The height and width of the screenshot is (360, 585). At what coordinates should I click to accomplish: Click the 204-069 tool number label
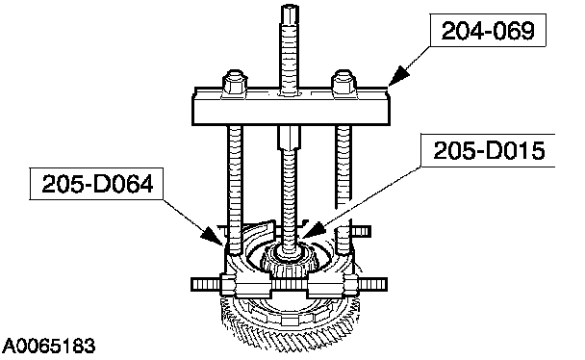click(x=488, y=31)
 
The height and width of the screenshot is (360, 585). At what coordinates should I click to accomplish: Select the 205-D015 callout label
click(x=489, y=151)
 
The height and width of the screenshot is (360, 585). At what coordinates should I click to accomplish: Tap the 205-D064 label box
click(x=96, y=184)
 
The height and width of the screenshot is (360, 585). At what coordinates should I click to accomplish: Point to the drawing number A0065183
click(x=49, y=347)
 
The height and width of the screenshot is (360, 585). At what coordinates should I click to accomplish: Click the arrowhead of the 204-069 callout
click(x=397, y=76)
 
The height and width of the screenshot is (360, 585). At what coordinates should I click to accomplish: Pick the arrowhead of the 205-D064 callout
click(x=212, y=236)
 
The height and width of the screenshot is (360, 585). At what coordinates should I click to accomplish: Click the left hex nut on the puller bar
click(x=235, y=84)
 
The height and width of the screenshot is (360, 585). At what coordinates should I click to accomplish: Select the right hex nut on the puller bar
click(x=343, y=84)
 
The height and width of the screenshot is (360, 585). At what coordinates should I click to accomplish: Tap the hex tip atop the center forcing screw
click(x=289, y=15)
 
